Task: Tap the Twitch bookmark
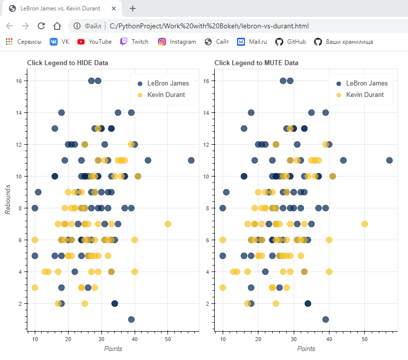(x=134, y=42)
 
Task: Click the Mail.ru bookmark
(x=252, y=42)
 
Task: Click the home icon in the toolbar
(x=57, y=26)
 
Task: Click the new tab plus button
(x=133, y=8)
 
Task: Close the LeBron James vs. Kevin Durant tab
(x=114, y=8)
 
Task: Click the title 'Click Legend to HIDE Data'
(x=68, y=63)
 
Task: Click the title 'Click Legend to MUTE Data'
(x=256, y=63)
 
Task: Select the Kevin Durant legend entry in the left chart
(x=162, y=94)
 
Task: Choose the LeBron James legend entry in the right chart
(x=361, y=83)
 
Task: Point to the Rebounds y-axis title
(x=8, y=199)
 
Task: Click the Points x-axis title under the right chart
(x=306, y=349)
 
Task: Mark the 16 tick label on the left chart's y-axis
(x=18, y=81)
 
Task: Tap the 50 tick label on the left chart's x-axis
(x=167, y=339)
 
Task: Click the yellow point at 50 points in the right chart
(x=365, y=224)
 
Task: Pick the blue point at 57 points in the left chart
(x=191, y=160)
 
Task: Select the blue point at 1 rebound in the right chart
(x=326, y=319)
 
